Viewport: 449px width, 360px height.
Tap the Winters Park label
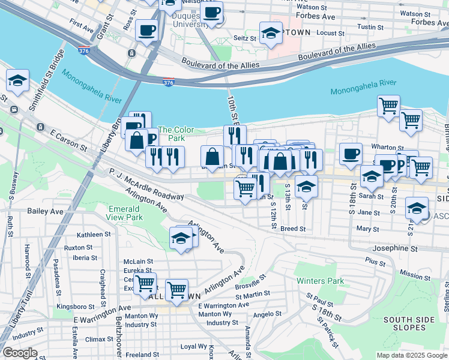pyautogui.click(x=319, y=281)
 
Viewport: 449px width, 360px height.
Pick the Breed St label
pyautogui.click(x=293, y=229)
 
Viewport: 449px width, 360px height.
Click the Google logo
pyautogui.click(x=19, y=353)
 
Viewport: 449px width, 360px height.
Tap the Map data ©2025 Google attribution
pyautogui.click(x=412, y=355)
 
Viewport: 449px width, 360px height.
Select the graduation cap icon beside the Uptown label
pyautogui.click(x=271, y=34)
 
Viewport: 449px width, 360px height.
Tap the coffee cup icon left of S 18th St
pyautogui.click(x=351, y=154)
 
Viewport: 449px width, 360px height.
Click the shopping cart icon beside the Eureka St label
pyautogui.click(x=145, y=283)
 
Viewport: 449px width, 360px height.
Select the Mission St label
pyautogui.click(x=415, y=275)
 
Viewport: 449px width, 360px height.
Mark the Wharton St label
pyautogui.click(x=387, y=147)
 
